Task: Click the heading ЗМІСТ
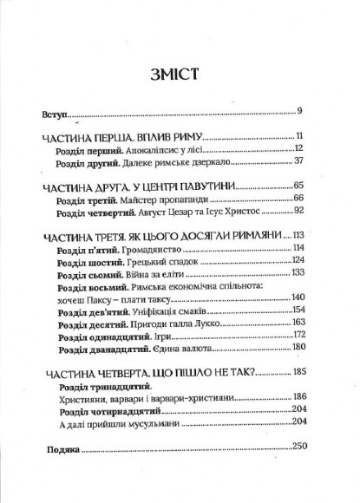(180, 71)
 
